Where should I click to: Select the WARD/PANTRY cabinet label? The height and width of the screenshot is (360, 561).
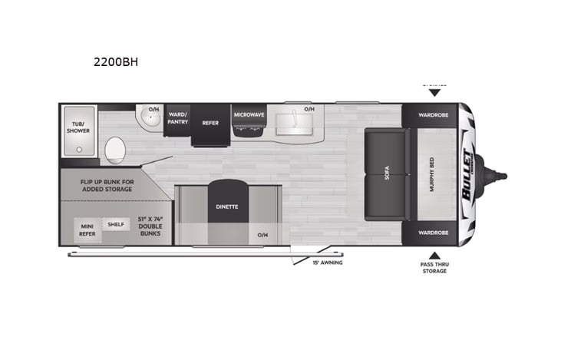(178, 120)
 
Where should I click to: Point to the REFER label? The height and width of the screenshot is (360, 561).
(210, 122)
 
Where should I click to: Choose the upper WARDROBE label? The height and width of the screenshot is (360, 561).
(434, 117)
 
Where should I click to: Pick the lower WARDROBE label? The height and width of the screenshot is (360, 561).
(434, 232)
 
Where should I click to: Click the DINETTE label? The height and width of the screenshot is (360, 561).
(226, 206)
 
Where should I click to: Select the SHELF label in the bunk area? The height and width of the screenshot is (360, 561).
(116, 224)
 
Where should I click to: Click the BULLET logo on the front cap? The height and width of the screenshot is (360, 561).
(465, 175)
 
